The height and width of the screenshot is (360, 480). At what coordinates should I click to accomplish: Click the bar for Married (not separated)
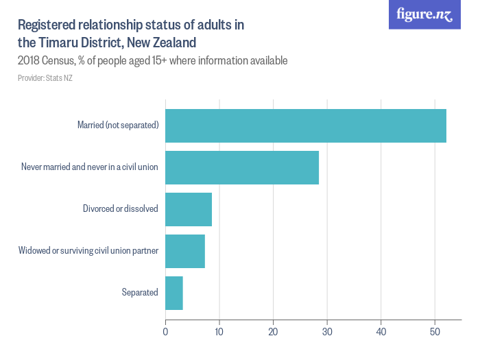(306, 125)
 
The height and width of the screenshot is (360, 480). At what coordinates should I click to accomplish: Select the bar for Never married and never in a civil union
(242, 167)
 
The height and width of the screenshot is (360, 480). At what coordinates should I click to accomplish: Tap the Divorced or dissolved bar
(189, 209)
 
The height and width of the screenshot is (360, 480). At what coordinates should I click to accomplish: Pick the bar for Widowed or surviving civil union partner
(185, 251)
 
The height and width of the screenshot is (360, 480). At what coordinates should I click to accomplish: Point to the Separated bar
(174, 293)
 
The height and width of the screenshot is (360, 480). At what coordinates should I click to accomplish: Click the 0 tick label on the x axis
(165, 333)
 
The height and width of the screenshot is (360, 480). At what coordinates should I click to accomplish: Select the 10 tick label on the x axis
(219, 333)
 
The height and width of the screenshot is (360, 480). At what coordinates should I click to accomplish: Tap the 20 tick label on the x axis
(273, 333)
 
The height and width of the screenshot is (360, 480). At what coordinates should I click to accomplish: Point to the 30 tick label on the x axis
(327, 333)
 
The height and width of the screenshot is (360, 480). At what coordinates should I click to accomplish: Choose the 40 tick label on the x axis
(381, 333)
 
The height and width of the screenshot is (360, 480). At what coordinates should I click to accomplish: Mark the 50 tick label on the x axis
(435, 333)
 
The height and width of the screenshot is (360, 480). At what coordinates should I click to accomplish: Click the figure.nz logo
(424, 14)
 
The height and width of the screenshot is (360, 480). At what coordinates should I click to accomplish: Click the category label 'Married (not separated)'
(118, 125)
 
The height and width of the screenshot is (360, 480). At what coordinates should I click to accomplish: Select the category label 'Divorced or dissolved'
(121, 209)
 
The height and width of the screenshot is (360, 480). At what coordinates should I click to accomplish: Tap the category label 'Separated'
(140, 293)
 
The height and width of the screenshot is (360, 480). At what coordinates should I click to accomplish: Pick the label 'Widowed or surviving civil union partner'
(88, 251)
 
